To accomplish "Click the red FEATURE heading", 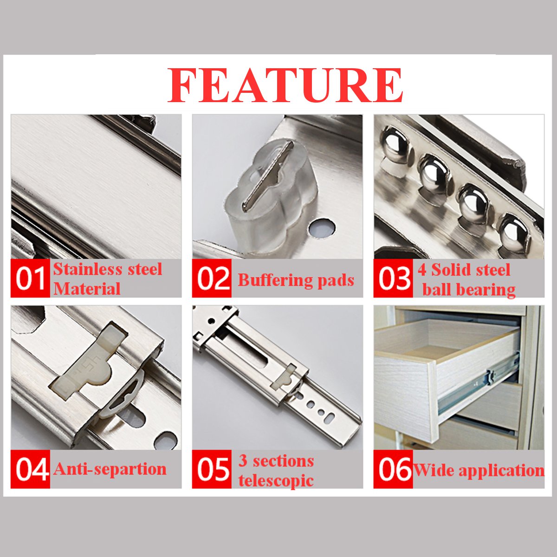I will click(285, 86).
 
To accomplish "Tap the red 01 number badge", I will click(30, 278).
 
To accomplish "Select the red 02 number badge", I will click(212, 278).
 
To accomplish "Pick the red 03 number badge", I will click(393, 278).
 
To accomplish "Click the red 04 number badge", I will click(30, 469).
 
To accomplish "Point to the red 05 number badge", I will click(212, 469).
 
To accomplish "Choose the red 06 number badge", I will click(394, 469).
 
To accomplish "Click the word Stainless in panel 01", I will click(87, 269).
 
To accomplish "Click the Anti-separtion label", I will click(110, 469).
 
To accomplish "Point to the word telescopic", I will click(276, 480).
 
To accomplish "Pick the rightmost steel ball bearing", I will click(514, 232).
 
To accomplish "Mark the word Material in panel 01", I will click(87, 289).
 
